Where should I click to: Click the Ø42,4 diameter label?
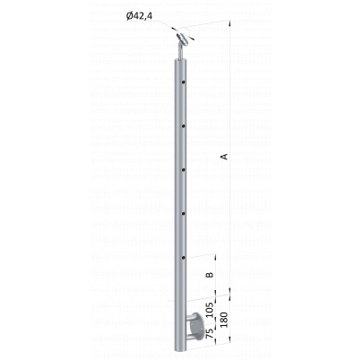point(139,16)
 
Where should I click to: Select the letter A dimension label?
point(224,157)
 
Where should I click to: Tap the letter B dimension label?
point(211,275)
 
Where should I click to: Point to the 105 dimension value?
point(210,310)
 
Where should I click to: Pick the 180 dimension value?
point(224,320)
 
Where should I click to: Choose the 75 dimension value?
point(210,333)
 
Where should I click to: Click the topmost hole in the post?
point(183,81)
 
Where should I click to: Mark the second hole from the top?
point(183,126)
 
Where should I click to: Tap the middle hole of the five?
point(183,170)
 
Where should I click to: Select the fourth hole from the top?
point(183,214)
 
